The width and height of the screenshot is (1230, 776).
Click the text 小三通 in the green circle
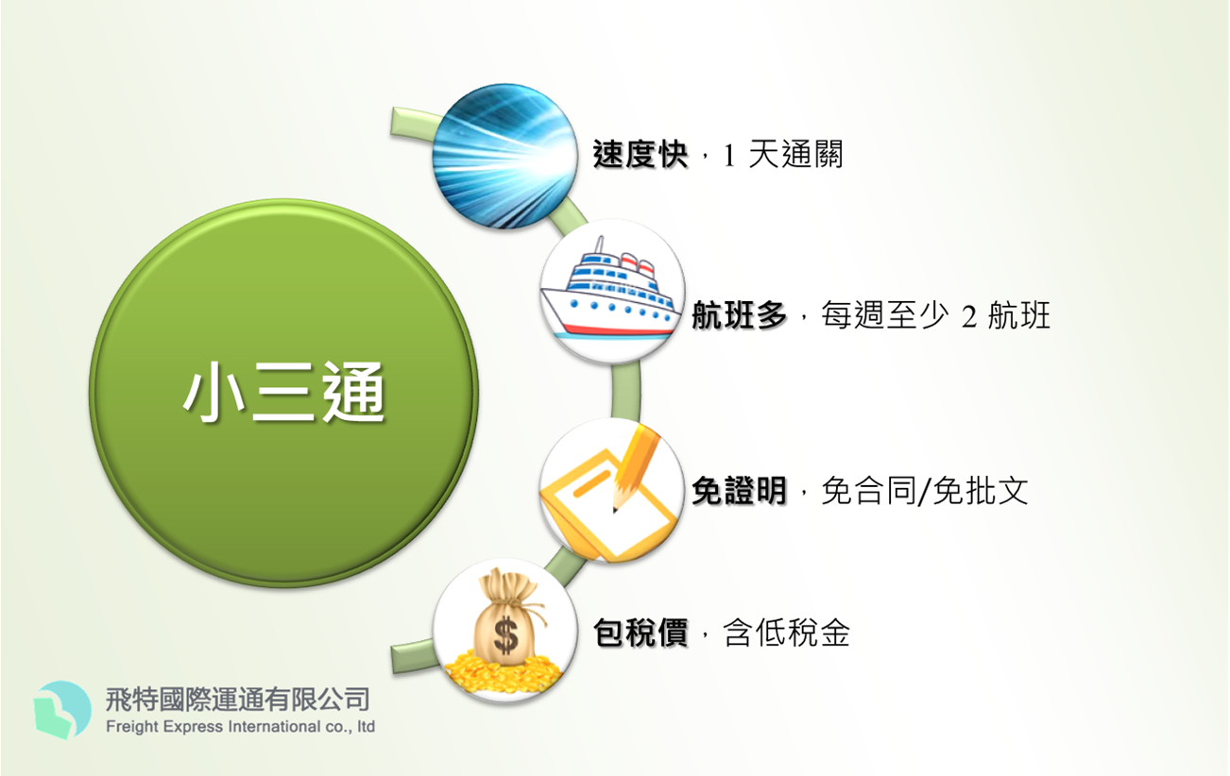[x=284, y=393]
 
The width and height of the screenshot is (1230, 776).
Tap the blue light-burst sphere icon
[x=504, y=156]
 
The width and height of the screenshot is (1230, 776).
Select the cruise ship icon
[x=612, y=291]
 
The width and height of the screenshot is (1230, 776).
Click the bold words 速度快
[x=641, y=154]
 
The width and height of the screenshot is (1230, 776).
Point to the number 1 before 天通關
[x=728, y=156]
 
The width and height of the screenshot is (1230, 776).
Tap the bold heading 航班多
[x=739, y=315]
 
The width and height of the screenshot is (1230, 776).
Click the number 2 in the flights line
[x=968, y=316]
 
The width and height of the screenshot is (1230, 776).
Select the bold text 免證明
[x=739, y=490]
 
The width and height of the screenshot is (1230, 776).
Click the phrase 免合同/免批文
[x=925, y=490]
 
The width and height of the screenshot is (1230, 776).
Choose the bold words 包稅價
[x=641, y=633]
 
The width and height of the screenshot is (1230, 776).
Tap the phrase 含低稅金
[x=786, y=633]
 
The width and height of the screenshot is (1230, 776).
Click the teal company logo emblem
[x=62, y=710]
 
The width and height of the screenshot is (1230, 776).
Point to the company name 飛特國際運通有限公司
[x=237, y=700]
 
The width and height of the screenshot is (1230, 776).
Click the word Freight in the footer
[x=132, y=727]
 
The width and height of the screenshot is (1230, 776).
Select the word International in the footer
[x=274, y=727]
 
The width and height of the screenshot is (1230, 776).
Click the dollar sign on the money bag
[x=505, y=635]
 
